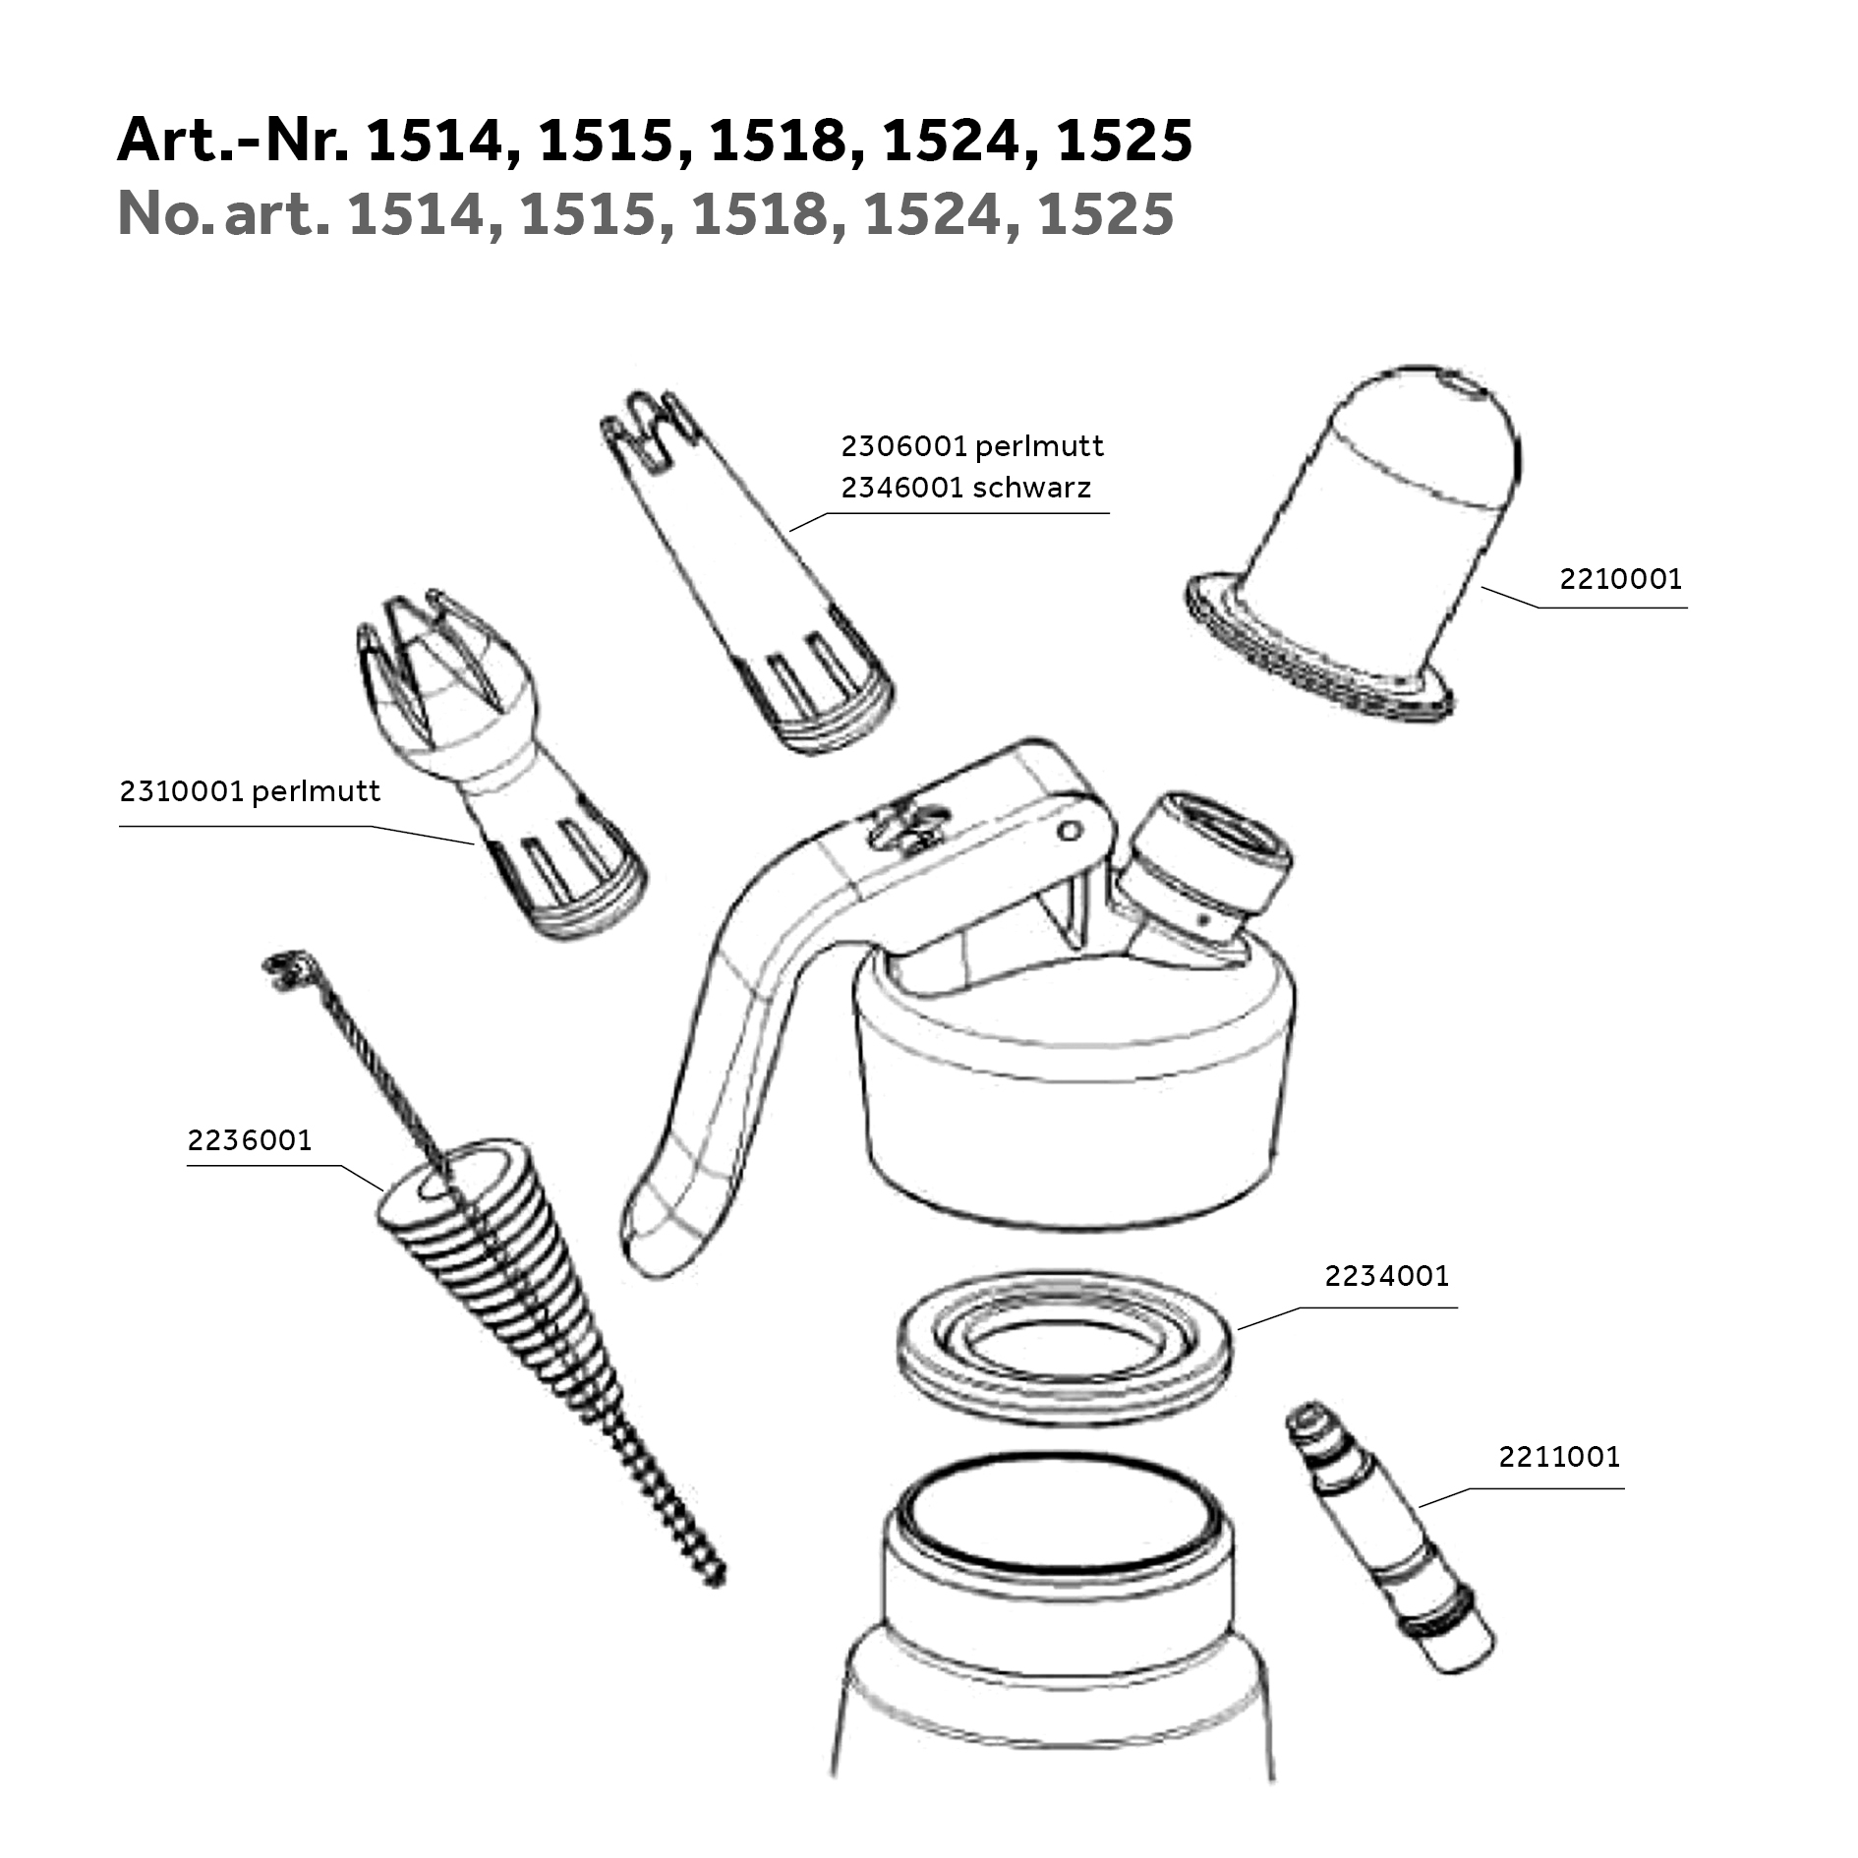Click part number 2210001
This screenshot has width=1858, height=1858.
tap(1620, 579)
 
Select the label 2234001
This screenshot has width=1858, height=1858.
tap(1386, 1276)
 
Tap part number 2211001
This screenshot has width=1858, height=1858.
tap(1559, 1456)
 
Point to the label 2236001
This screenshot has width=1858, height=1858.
tap(250, 1140)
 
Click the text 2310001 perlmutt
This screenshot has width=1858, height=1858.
tap(250, 791)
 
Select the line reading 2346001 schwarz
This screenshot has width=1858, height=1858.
tap(965, 488)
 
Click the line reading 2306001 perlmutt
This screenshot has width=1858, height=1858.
tap(972, 446)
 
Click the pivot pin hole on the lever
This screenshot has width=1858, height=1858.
tap(1071, 831)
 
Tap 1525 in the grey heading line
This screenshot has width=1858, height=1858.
tap(1105, 213)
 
